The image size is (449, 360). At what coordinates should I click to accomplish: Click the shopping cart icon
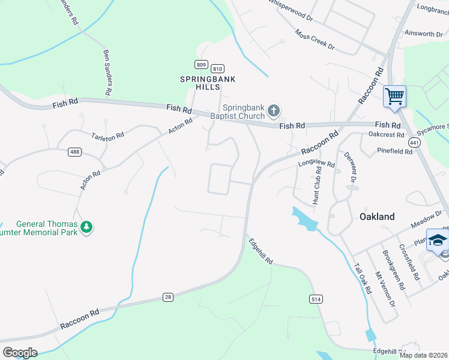[x=394, y=96]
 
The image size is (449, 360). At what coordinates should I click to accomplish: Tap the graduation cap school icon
[x=438, y=240]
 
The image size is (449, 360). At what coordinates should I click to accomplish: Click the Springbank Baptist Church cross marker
[x=274, y=110]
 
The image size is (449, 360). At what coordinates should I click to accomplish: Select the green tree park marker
[x=87, y=227]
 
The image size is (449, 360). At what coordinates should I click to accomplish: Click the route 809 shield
[x=200, y=64]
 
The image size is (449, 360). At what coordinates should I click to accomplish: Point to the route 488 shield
[x=74, y=152]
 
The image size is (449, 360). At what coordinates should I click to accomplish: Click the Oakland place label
[x=377, y=217]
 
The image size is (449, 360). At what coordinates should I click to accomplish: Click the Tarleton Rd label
[x=107, y=136]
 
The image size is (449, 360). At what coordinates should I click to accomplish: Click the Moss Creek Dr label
[x=314, y=41]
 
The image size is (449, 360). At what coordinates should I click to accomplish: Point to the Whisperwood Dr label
[x=291, y=10]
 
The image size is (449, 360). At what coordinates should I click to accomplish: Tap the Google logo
[x=20, y=352]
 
